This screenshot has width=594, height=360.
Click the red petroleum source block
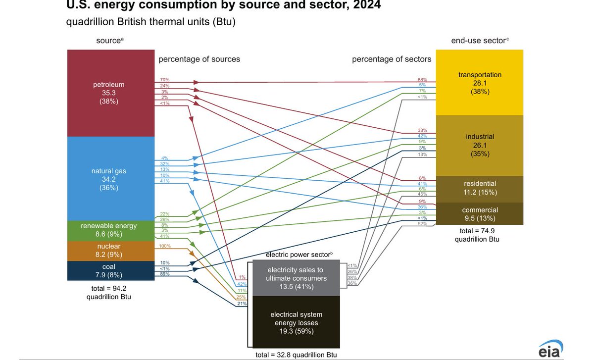[109, 93]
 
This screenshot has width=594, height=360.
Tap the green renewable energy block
[109, 230]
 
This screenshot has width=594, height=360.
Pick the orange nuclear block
[109, 251]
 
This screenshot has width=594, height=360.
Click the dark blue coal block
[109, 270]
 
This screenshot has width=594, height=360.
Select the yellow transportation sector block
[479, 83]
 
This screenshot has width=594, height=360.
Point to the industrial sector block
[479, 145]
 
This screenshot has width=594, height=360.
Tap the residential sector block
[479, 188]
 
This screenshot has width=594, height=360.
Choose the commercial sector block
[479, 214]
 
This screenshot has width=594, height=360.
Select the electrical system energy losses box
[296, 322]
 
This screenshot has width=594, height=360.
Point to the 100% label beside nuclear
[165, 246]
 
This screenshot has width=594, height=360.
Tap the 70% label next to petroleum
[165, 80]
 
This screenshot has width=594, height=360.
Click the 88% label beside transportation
[422, 80]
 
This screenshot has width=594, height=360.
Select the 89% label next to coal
[165, 274]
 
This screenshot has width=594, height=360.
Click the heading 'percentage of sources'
[199, 59]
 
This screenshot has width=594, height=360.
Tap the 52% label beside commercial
[422, 224]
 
